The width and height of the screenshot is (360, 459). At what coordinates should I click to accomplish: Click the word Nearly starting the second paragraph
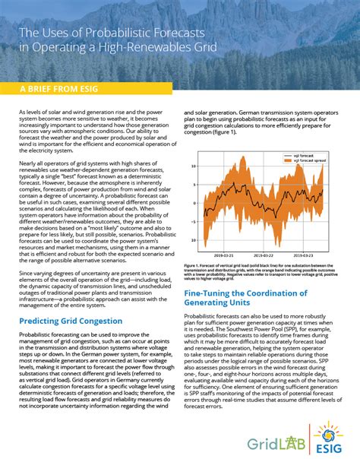(x=29, y=162)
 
